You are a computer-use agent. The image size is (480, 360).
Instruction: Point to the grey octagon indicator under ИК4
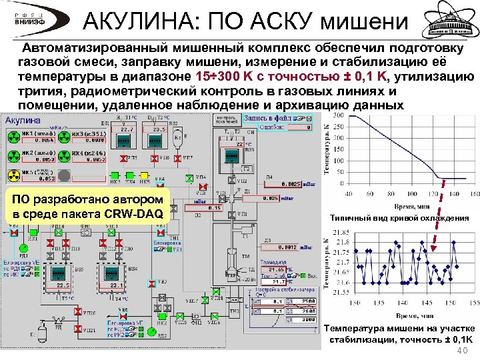pyautogui.click(x=61, y=176)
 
